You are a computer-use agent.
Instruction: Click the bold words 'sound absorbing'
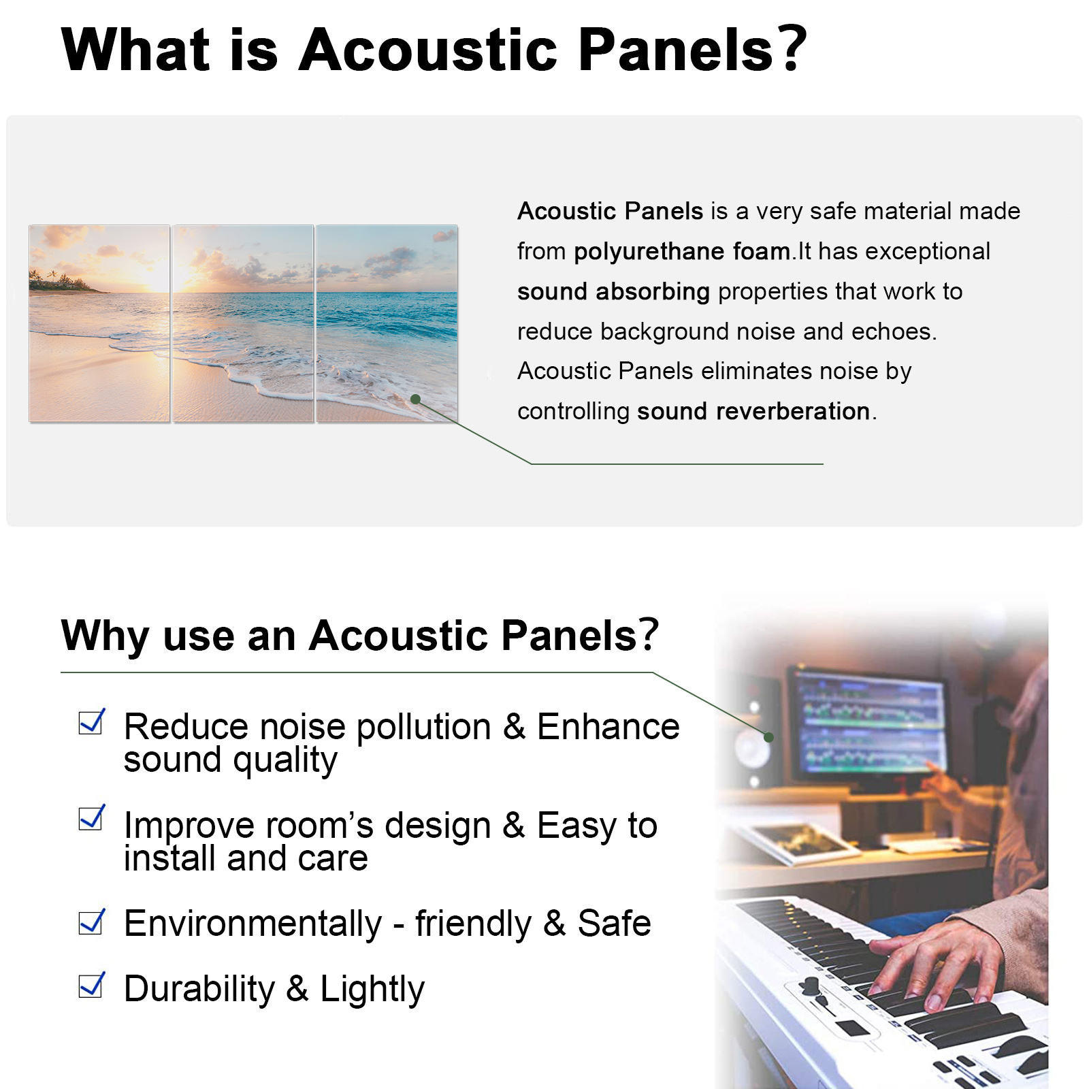(x=613, y=292)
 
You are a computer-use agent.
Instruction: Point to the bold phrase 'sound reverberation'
(x=753, y=411)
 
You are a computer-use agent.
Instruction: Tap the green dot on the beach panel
(x=416, y=400)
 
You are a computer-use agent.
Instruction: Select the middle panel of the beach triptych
(x=243, y=324)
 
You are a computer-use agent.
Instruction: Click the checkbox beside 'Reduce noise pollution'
(x=92, y=722)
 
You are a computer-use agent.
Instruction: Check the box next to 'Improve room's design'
(x=92, y=817)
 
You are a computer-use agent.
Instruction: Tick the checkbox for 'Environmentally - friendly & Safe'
(x=92, y=922)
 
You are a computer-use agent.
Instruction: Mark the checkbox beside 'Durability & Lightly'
(x=92, y=985)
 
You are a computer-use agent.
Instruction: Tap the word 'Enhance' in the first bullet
(x=608, y=726)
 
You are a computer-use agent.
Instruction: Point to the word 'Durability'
(x=199, y=988)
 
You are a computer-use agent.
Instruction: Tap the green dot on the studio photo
(x=768, y=737)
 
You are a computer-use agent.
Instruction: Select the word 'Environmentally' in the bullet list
(x=253, y=924)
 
